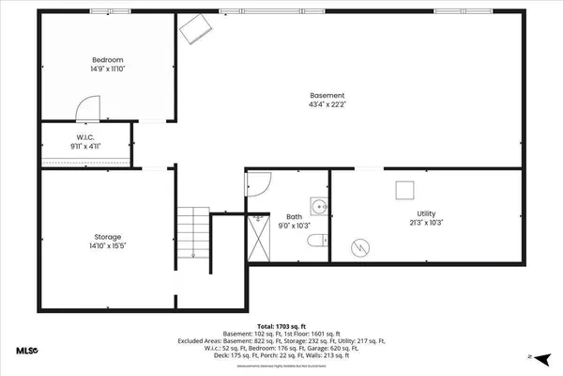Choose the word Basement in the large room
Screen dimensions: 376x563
[327, 95]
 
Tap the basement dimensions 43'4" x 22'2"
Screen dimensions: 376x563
[327, 105]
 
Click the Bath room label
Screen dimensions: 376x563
[294, 217]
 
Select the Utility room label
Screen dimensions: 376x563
[427, 214]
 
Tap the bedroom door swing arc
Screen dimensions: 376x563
[86, 109]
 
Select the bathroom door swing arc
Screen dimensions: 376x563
[257, 186]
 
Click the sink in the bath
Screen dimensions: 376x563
[319, 206]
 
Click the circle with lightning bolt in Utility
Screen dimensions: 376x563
[359, 247]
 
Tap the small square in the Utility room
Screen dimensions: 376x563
[404, 189]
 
